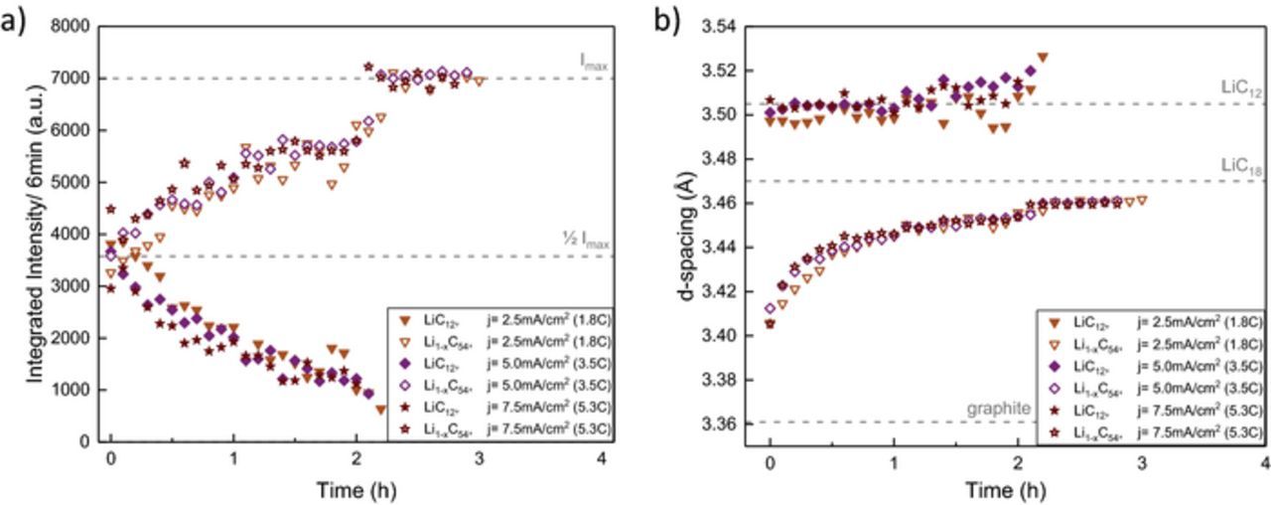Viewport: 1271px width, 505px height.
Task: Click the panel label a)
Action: coord(14,20)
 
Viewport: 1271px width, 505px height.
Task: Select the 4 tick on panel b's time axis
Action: coord(1264,464)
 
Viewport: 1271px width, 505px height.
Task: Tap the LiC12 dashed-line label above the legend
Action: coord(1241,88)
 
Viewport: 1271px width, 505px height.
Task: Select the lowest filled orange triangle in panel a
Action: coord(380,410)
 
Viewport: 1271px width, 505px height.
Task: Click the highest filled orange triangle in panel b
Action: coord(1042,58)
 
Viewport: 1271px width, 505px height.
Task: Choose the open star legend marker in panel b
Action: coord(1055,429)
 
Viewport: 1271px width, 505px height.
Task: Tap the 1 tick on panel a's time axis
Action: coord(233,464)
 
